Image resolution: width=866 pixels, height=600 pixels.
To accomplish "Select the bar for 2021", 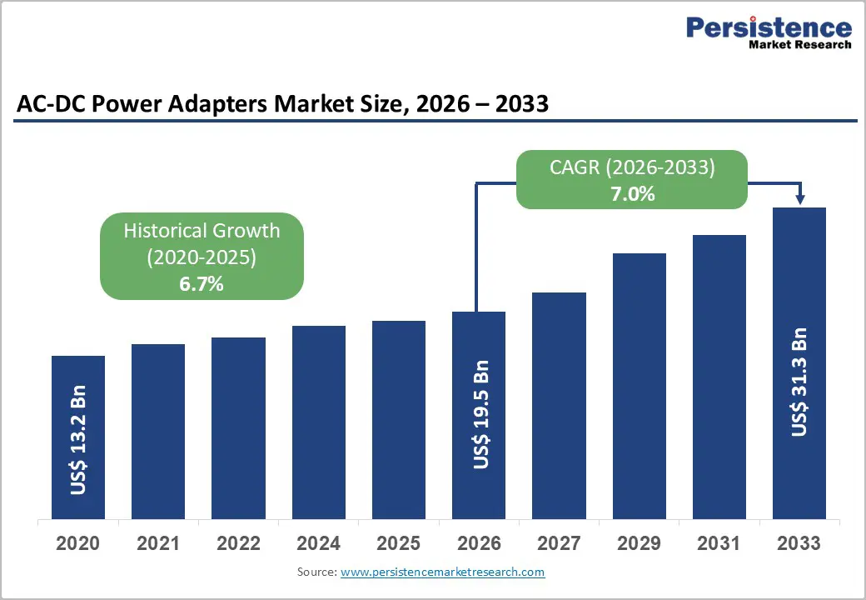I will pyautogui.click(x=158, y=431).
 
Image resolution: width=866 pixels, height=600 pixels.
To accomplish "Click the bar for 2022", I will pyautogui.click(x=238, y=427).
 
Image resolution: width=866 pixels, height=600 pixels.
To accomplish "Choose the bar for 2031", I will pyautogui.click(x=719, y=376).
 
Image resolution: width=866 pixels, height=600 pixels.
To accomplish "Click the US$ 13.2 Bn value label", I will pyautogui.click(x=78, y=440).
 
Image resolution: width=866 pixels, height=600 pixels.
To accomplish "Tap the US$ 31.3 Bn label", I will pyautogui.click(x=799, y=382).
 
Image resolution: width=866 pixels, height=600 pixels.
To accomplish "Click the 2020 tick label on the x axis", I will pyautogui.click(x=77, y=543).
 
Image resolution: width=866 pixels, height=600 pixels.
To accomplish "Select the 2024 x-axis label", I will pyautogui.click(x=318, y=543).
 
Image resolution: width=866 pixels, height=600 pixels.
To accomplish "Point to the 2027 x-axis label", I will pyautogui.click(x=559, y=543).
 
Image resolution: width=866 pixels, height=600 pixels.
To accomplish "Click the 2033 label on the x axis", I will pyautogui.click(x=799, y=543).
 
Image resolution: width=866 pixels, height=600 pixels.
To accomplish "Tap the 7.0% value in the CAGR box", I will pyautogui.click(x=632, y=195).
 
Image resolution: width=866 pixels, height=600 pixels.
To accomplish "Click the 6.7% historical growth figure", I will pyautogui.click(x=202, y=283).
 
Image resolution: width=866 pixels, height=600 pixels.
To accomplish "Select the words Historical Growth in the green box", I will pyautogui.click(x=202, y=231).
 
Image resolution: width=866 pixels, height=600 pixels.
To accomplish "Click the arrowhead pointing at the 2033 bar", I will pyautogui.click(x=799, y=199).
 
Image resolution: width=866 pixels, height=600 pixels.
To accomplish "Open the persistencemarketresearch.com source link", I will pyautogui.click(x=442, y=572).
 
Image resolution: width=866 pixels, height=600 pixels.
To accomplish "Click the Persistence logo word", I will pyautogui.click(x=768, y=27).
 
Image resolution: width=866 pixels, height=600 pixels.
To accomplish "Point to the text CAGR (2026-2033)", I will pyautogui.click(x=632, y=167).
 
